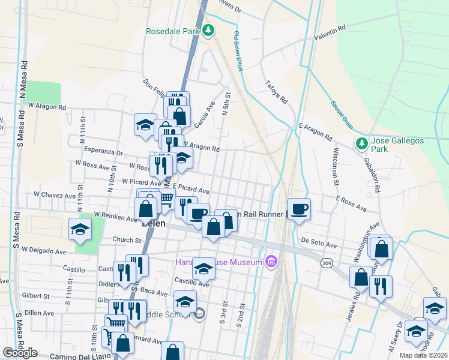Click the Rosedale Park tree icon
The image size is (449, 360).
coord(208,29)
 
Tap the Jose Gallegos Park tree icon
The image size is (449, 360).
coord(361,143)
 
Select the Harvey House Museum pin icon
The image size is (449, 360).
coord(271,262)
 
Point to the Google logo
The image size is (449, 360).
coord(19,353)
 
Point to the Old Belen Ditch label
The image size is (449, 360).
coord(238,51)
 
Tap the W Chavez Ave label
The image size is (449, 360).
coord(54,195)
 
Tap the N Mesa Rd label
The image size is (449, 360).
coord(24,75)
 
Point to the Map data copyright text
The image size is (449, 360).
coord(423,355)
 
